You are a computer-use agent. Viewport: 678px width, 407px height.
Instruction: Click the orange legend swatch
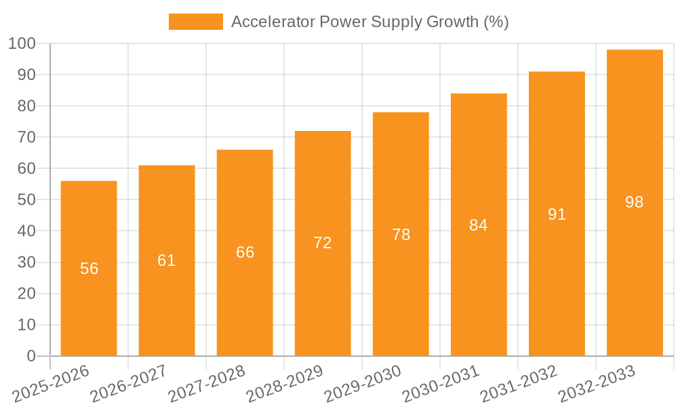195,22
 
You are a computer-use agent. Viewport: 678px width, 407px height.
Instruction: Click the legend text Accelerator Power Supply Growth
370,22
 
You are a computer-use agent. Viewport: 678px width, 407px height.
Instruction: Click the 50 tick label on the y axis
26,200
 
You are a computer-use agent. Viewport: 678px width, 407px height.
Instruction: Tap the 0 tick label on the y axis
31,356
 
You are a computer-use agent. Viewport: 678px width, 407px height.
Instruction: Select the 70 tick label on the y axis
26,138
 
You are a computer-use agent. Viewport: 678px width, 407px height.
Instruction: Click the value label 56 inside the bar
89,269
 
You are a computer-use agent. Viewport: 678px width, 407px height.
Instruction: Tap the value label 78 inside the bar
401,235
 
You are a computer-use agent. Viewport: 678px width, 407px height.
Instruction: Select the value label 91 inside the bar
557,214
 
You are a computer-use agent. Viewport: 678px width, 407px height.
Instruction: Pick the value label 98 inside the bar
635,202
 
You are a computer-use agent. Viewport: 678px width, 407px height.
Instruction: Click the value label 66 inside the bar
245,252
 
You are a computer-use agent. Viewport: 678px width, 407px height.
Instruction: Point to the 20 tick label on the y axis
26,294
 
